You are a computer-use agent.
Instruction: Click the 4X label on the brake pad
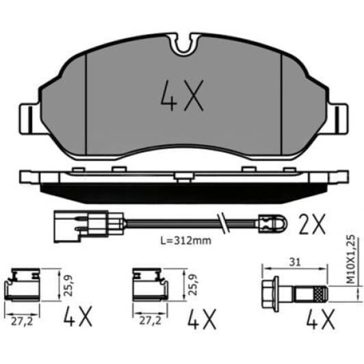182,96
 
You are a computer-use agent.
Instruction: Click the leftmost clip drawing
22,285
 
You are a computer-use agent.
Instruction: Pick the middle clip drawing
148,285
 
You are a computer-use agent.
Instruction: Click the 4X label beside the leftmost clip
79,317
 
